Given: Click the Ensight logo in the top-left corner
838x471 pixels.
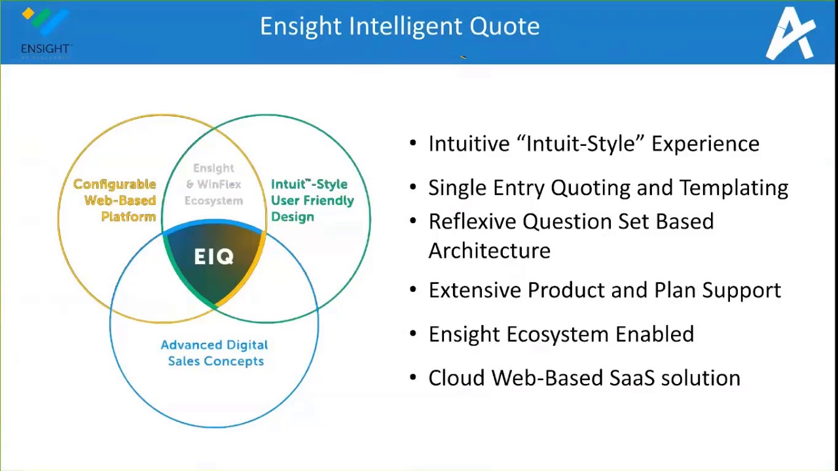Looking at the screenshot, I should click(x=45, y=33).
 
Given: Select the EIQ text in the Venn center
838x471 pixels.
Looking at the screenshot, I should click(x=213, y=257).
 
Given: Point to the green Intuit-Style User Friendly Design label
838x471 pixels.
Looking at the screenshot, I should click(x=312, y=200).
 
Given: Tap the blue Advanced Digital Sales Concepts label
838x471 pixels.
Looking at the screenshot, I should click(x=215, y=353).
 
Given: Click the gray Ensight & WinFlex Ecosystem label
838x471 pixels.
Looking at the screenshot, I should click(x=213, y=184).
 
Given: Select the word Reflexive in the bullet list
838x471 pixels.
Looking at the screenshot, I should click(x=471, y=221).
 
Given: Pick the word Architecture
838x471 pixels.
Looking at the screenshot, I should click(x=489, y=251).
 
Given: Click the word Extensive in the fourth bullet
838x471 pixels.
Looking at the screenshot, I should click(x=475, y=290).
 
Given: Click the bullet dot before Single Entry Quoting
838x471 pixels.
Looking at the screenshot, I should click(x=412, y=188).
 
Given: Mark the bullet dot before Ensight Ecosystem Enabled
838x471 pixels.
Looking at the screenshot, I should click(x=412, y=334).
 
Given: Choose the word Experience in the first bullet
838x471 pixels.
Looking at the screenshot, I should click(x=705, y=144).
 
